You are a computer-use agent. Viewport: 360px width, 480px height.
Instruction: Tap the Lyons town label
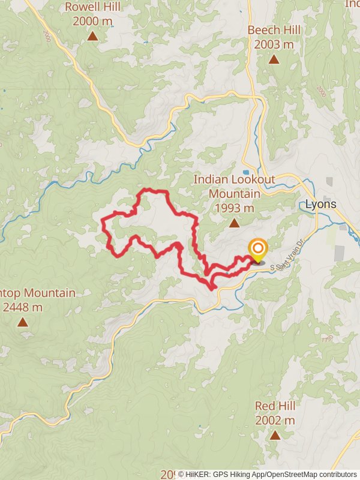[321, 204]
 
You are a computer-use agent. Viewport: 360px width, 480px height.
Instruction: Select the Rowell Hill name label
[92, 7]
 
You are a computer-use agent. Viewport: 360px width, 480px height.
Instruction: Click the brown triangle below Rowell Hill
[92, 36]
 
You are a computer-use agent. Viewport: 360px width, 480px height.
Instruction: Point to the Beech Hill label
[274, 30]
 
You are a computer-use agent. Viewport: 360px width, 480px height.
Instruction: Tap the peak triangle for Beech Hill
[274, 59]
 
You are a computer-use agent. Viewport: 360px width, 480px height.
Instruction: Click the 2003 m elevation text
[274, 44]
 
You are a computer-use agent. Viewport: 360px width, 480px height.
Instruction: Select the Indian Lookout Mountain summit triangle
[234, 223]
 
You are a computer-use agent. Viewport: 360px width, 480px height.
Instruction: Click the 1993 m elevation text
[234, 208]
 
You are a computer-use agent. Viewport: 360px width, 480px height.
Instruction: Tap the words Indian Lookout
[234, 179]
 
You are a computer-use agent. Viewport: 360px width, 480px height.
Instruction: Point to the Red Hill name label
[275, 406]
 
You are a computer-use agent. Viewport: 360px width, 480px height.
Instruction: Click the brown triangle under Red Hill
[275, 435]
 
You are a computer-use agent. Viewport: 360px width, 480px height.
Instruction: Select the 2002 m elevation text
[275, 421]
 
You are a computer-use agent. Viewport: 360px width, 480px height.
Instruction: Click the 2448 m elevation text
[23, 307]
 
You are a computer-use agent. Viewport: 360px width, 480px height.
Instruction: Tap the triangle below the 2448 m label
[23, 322]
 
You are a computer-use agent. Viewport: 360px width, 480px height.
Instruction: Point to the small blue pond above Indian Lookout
[246, 172]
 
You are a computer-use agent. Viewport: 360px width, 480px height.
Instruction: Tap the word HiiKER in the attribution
[200, 475]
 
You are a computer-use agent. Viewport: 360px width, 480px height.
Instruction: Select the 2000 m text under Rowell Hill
[92, 21]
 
